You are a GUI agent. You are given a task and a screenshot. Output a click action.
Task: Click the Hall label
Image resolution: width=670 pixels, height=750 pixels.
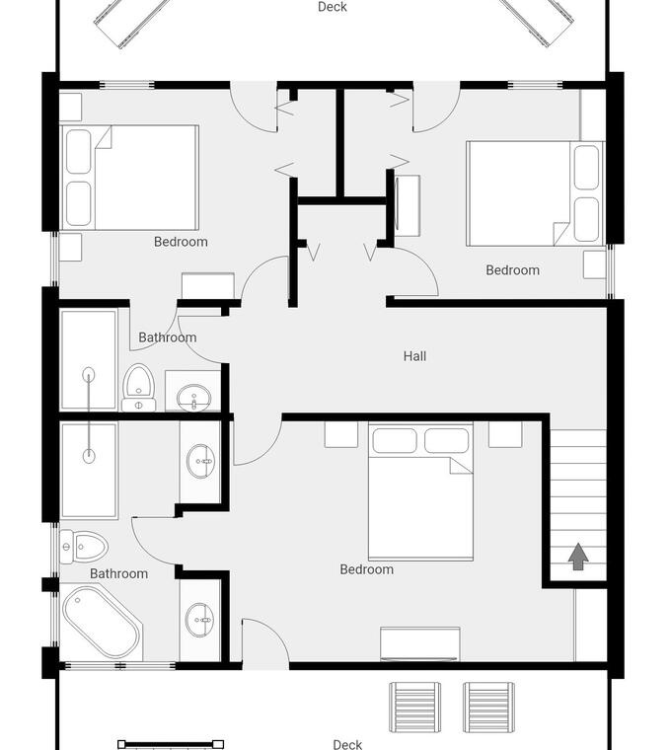(x=414, y=356)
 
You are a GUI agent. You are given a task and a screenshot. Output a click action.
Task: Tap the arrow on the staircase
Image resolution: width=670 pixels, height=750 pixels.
(x=578, y=557)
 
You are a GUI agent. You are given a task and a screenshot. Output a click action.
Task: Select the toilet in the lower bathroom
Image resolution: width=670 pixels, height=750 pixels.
(x=84, y=547)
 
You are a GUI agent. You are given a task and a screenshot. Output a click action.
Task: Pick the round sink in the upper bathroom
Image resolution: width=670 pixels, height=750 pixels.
(x=193, y=397)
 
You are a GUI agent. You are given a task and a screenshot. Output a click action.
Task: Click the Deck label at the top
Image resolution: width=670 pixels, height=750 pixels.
(x=333, y=7)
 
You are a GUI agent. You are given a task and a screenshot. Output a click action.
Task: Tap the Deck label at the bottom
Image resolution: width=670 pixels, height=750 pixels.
(x=347, y=744)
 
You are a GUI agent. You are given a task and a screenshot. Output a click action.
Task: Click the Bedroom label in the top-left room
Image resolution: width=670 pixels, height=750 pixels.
(x=181, y=242)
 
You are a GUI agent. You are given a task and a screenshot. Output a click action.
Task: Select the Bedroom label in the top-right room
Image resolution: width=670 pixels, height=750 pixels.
(x=513, y=270)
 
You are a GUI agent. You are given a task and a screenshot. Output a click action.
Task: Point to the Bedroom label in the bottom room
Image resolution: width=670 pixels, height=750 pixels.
(x=367, y=569)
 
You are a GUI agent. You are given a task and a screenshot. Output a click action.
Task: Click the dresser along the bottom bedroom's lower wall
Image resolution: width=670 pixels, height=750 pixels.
(x=420, y=643)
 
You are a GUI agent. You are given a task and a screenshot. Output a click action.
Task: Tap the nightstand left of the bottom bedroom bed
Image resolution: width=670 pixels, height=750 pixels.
(x=341, y=434)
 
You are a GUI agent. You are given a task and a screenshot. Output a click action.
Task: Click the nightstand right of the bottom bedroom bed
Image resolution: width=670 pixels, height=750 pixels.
(x=505, y=434)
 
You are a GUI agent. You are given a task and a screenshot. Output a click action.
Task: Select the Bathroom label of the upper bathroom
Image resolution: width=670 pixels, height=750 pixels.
(x=168, y=337)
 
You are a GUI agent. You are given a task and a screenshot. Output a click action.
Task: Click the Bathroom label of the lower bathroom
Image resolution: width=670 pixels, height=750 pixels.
(x=119, y=573)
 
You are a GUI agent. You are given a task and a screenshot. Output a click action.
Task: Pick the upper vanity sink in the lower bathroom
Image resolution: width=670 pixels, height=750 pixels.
(x=200, y=461)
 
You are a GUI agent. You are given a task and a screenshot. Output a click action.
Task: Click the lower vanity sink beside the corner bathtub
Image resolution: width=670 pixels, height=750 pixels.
(x=200, y=620)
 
